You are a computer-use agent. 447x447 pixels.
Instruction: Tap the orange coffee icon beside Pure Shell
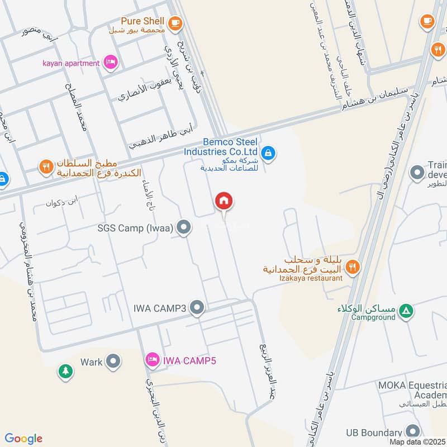tap(175, 22)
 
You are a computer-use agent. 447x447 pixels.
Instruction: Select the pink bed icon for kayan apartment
tap(111, 62)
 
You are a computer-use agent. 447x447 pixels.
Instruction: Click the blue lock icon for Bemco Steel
tap(268, 153)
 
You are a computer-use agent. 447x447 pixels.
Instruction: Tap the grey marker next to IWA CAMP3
tap(197, 307)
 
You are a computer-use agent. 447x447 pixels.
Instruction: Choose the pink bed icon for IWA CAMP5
tap(151, 359)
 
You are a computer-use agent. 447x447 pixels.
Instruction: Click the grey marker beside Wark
tap(113, 362)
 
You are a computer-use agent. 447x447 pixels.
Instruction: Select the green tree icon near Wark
tap(66, 371)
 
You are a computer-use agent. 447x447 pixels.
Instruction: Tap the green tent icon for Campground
tap(407, 311)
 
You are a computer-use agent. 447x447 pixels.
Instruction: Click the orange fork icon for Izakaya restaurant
tap(352, 268)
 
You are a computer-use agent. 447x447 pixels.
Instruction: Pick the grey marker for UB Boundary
tap(413, 431)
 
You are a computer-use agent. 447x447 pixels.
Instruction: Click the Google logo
tap(23, 439)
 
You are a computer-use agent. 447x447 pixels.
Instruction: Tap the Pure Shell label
tap(142, 21)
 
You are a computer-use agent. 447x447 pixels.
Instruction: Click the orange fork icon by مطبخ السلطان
tap(46, 166)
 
